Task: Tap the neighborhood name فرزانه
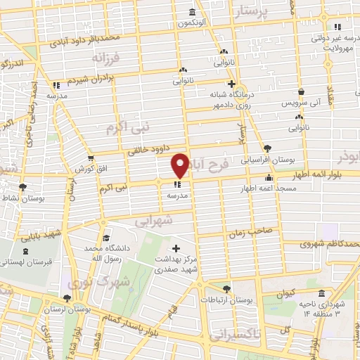(x=107, y=57)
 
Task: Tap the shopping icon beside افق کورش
(x=90, y=157)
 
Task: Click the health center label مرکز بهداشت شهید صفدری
(x=176, y=264)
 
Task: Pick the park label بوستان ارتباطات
(x=226, y=300)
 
